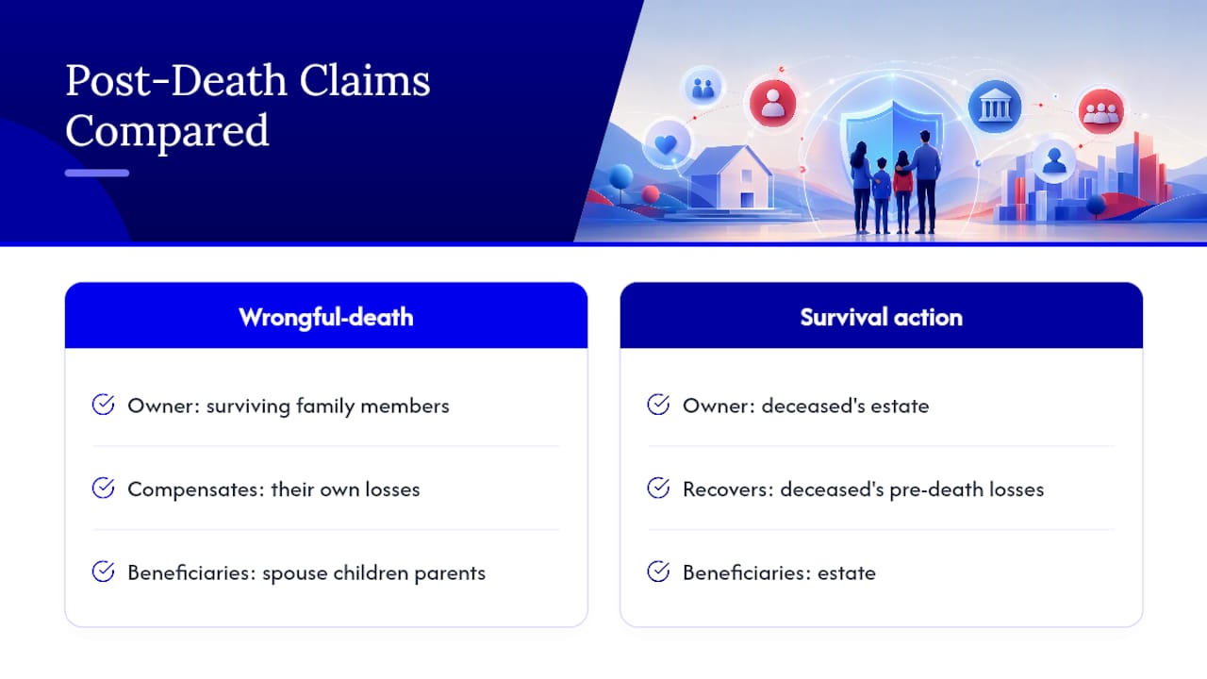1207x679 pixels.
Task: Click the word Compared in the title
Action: tap(167, 130)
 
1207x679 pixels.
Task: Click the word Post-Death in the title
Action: tap(176, 81)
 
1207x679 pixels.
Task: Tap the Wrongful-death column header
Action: tap(326, 317)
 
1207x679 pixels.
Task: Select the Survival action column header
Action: tap(881, 317)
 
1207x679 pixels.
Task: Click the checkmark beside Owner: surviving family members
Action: tap(103, 405)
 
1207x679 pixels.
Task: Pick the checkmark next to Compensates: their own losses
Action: tap(103, 489)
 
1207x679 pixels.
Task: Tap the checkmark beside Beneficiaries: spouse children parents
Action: tap(103, 571)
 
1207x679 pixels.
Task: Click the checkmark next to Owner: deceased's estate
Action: tap(658, 405)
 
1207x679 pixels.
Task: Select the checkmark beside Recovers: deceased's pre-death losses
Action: tap(658, 489)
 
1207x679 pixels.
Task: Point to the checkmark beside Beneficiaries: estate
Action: tap(658, 571)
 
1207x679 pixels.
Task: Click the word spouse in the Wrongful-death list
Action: tap(295, 574)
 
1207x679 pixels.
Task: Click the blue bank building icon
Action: tap(995, 107)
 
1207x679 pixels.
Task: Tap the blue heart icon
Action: tap(666, 144)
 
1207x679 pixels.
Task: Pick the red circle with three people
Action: tap(1100, 112)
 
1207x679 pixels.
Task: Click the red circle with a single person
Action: tap(772, 103)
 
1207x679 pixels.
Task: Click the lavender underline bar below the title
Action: tap(97, 173)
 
